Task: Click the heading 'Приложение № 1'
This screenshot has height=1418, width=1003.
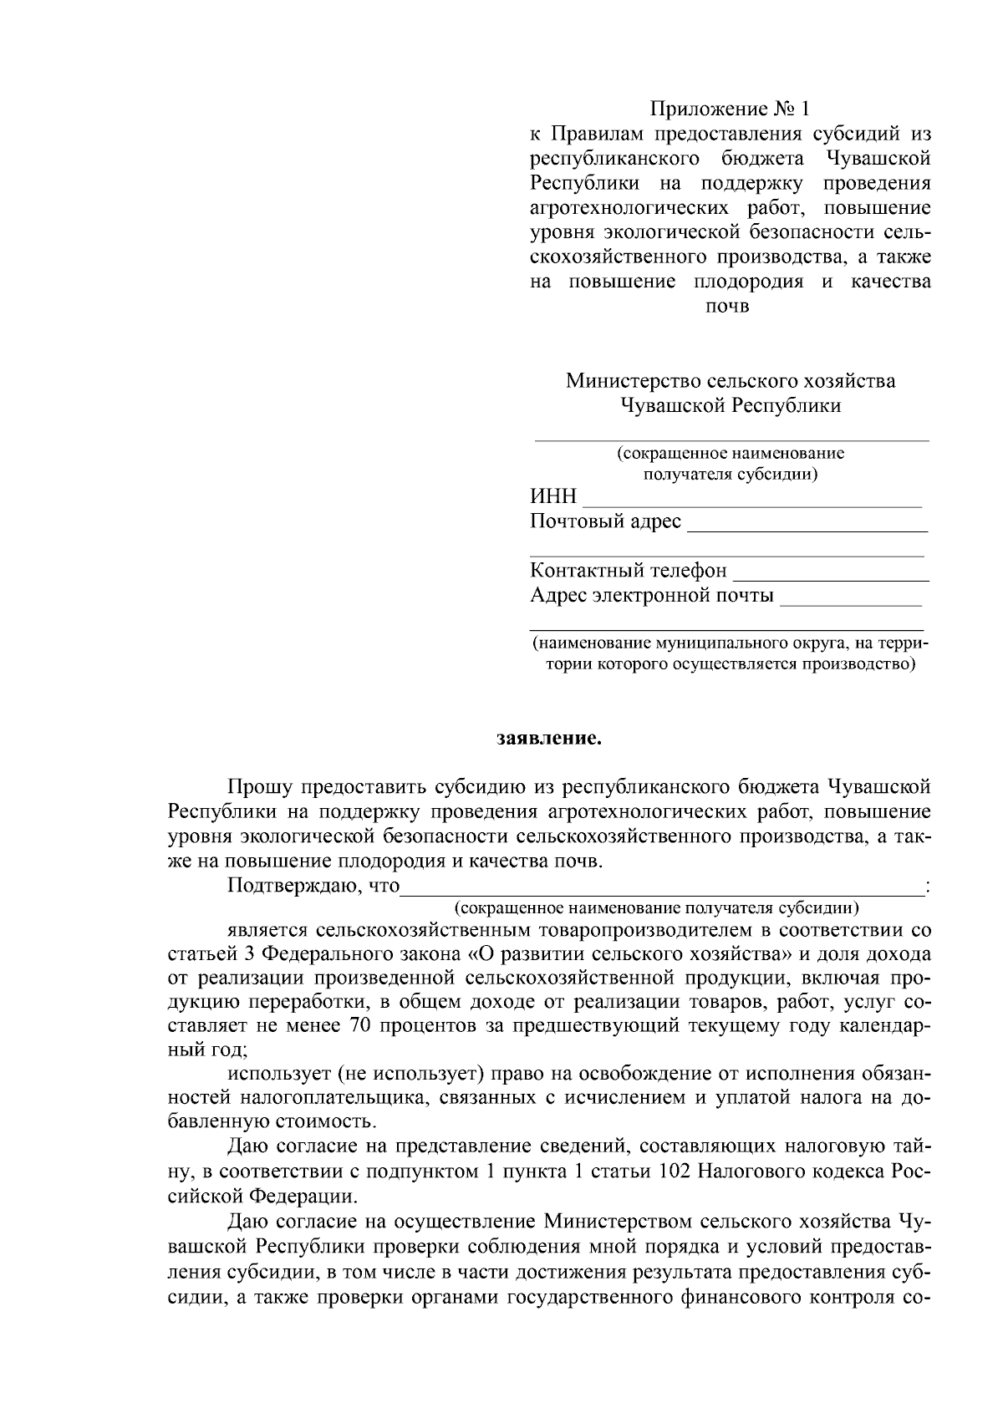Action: point(731,109)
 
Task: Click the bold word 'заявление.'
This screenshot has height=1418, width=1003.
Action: point(547,739)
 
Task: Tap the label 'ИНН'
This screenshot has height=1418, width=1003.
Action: point(553,497)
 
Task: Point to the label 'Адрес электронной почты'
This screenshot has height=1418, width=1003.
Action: point(652,597)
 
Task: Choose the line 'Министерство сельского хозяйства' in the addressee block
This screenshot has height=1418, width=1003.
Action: point(731,382)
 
